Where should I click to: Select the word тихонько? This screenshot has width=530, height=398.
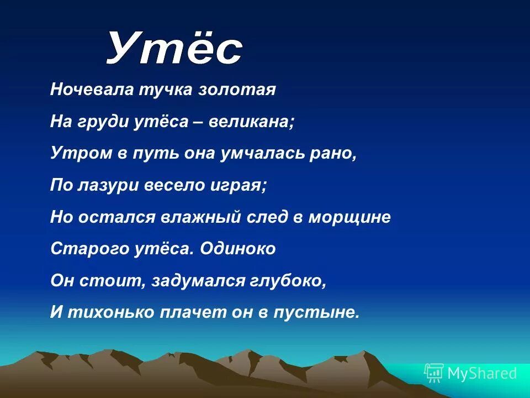[109, 312]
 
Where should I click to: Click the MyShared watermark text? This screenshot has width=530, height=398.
[482, 374]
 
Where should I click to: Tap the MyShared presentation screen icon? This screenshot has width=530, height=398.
[434, 373]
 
